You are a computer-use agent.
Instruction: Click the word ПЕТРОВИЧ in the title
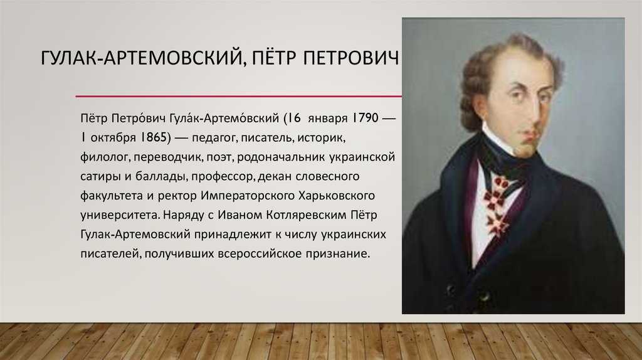tap(350, 58)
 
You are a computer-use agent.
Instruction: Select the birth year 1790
tap(366, 118)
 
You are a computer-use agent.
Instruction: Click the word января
tap(327, 119)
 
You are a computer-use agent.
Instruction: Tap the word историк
tap(322, 138)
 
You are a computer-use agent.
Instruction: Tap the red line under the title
tap(239, 96)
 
